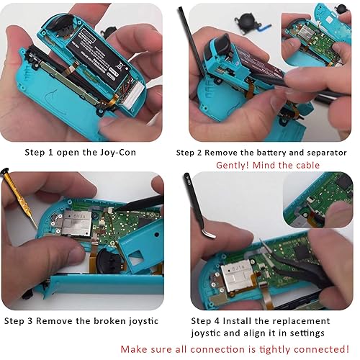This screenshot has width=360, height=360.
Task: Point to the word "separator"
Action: tap(322, 153)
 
